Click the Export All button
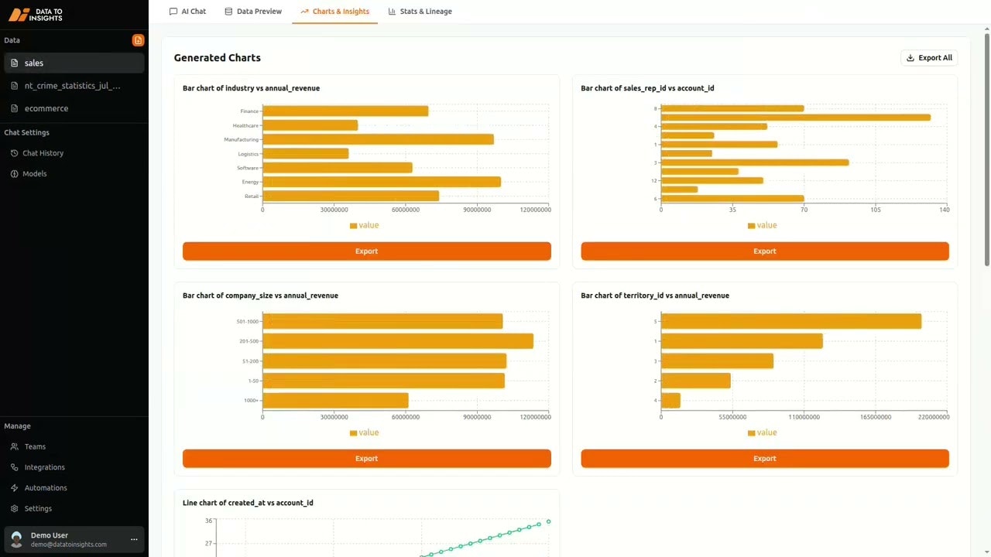tap(929, 58)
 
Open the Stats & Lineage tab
tap(420, 12)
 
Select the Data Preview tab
tap(253, 12)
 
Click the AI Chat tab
tap(187, 12)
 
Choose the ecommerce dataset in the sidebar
tap(46, 108)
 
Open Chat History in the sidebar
tap(43, 153)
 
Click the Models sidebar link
tap(34, 174)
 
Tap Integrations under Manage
tap(44, 467)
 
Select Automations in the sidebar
tap(46, 488)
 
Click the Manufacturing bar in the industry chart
tap(378, 139)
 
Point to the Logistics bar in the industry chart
tap(305, 154)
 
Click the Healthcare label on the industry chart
tap(245, 125)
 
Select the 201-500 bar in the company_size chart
tap(397, 341)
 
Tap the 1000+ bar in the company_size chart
tap(334, 401)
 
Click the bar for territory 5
tap(790, 321)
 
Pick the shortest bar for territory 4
tap(670, 401)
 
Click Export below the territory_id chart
tap(764, 459)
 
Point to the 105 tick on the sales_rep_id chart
tap(876, 210)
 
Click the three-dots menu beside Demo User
tap(134, 539)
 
